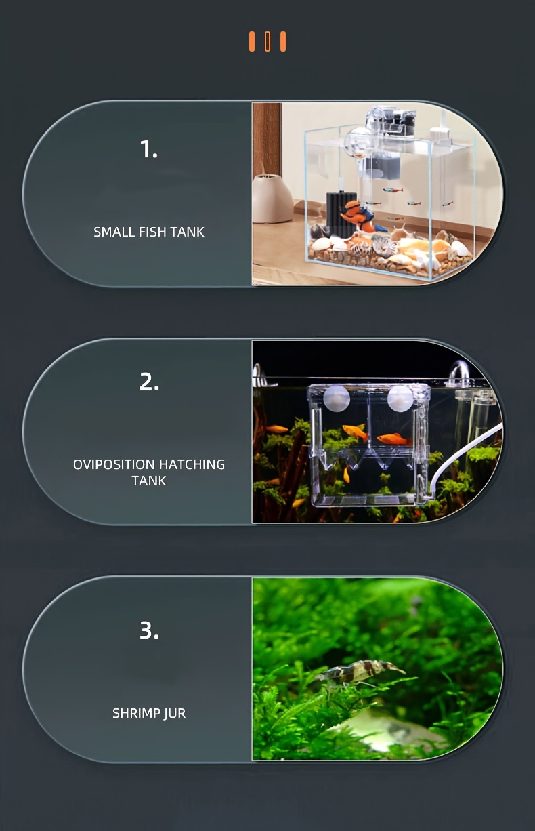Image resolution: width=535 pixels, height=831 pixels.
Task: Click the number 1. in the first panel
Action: coord(149,149)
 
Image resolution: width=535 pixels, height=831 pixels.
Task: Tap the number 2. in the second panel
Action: coord(149,382)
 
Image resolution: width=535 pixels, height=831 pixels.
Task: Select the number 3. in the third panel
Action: coord(149,630)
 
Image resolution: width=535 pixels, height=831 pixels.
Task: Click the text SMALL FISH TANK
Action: coord(149,232)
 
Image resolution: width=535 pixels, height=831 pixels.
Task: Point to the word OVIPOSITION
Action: coord(114,464)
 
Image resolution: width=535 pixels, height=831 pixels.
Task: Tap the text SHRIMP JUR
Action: coord(149,713)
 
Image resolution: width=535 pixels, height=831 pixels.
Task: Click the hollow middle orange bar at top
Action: coord(267,41)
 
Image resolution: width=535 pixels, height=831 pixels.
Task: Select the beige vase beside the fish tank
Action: coord(272,199)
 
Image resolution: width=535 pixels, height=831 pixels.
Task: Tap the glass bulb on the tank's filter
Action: coord(358,141)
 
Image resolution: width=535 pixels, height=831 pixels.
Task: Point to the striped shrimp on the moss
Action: coord(359,671)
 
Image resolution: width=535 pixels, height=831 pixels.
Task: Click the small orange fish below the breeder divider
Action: coord(346,474)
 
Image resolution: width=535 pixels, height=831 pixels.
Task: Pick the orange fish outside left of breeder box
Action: coord(277,429)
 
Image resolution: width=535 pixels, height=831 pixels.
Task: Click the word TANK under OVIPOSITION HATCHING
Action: coord(149,481)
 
